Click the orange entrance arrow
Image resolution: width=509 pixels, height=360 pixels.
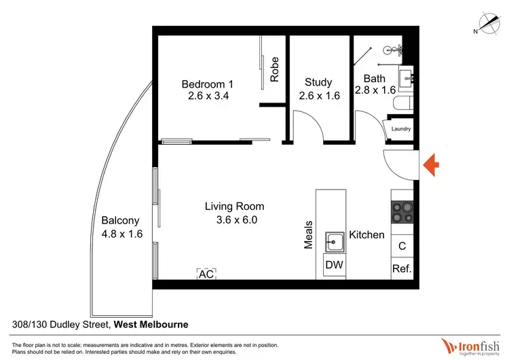[x=432, y=164]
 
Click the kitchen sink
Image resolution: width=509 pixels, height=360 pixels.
[x=335, y=240]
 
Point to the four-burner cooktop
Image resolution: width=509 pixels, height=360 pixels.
[x=402, y=213]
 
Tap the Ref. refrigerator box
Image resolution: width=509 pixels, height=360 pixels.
[x=402, y=269]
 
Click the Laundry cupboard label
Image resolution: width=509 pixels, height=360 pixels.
[x=401, y=129]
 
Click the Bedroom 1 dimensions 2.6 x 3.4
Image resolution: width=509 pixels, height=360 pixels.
[x=208, y=96]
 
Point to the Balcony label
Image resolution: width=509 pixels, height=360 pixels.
[x=120, y=221]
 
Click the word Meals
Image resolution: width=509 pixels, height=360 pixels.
[x=309, y=234]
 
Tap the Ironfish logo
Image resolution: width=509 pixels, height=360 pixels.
[x=470, y=344]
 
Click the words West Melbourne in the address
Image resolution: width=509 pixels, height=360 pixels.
[x=151, y=325]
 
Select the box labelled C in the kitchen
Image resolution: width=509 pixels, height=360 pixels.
[x=402, y=246]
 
